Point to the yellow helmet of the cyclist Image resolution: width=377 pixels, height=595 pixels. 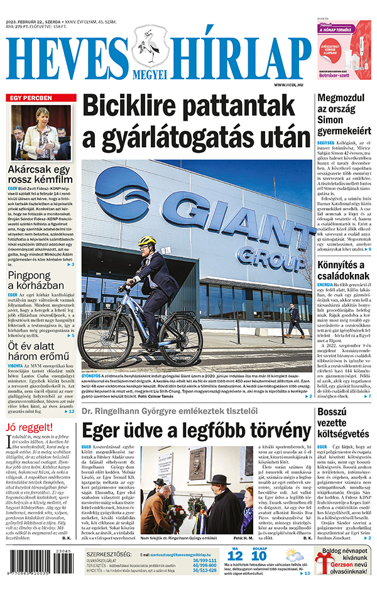pos(147,241)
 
